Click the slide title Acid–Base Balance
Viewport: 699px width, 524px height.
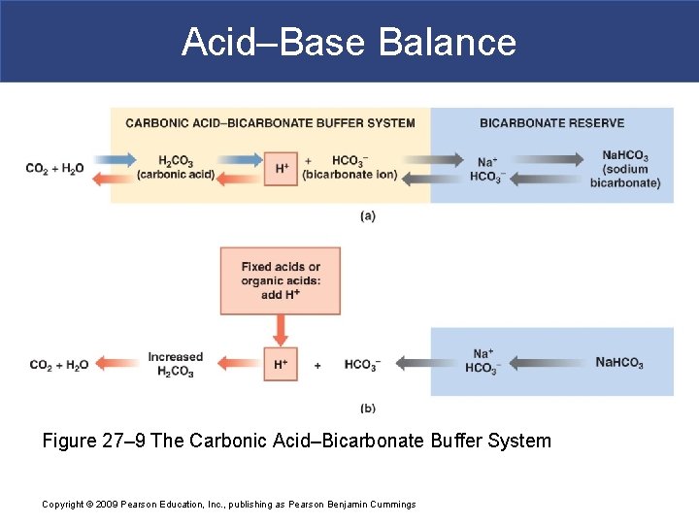coord(349,42)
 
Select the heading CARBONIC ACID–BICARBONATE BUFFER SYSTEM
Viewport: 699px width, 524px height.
coord(270,123)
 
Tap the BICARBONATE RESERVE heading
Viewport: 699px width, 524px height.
coord(551,123)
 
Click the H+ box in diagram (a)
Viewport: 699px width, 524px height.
coord(282,168)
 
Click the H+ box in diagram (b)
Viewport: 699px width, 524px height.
coord(282,364)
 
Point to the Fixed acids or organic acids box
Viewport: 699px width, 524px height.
coord(281,280)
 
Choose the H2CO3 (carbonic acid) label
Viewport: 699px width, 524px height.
coord(176,167)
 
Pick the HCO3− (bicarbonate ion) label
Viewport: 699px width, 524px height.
coord(349,167)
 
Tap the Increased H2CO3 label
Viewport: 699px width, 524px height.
coord(176,364)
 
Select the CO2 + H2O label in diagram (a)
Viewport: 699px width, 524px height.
coord(55,168)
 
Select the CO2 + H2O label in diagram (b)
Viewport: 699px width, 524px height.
coord(59,365)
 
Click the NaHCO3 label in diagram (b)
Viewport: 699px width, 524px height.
coord(619,363)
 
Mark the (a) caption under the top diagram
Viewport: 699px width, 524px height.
coord(367,215)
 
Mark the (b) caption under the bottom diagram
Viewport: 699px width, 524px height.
coord(367,409)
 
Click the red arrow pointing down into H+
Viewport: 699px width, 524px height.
coord(281,331)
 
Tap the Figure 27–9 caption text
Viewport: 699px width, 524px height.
coord(296,442)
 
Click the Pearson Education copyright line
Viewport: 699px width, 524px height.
coord(229,504)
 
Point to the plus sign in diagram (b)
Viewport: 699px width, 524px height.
coord(317,365)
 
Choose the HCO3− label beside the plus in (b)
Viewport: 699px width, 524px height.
coord(362,365)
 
